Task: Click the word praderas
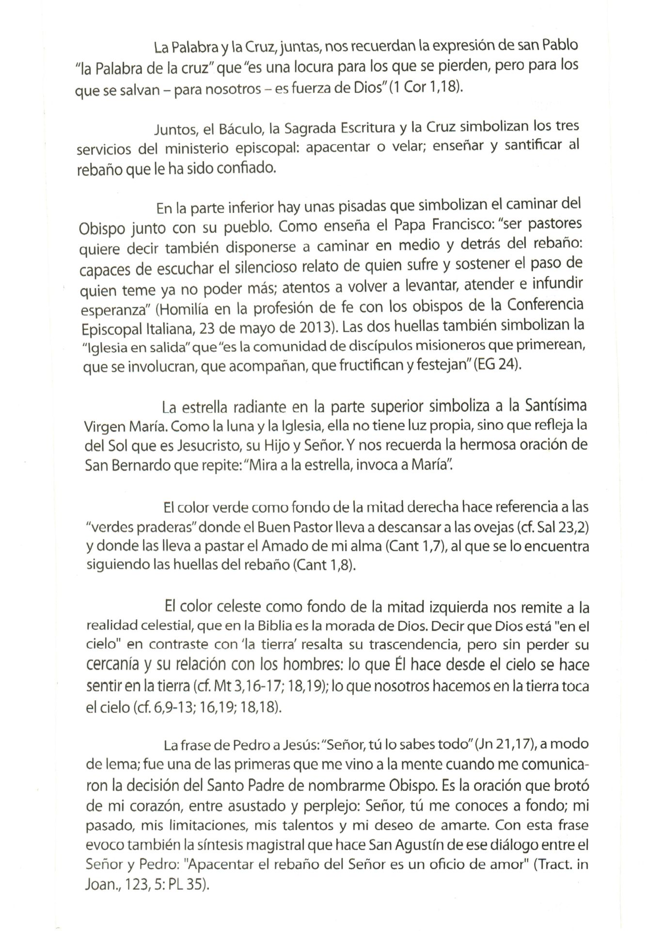coord(165,527)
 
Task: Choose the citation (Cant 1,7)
coord(418,546)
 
